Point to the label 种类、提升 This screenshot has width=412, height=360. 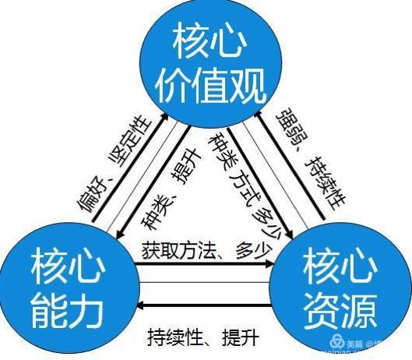point(171,189)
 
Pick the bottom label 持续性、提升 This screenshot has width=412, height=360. point(203,337)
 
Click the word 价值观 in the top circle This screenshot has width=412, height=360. point(210,86)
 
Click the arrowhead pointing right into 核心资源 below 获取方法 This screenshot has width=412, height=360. point(270,263)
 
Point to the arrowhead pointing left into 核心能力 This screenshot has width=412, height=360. point(142,305)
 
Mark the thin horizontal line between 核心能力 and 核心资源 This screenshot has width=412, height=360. point(205,283)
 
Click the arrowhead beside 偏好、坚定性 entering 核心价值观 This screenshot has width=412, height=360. point(165,116)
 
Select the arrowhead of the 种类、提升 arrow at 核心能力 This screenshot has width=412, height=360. point(120,234)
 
